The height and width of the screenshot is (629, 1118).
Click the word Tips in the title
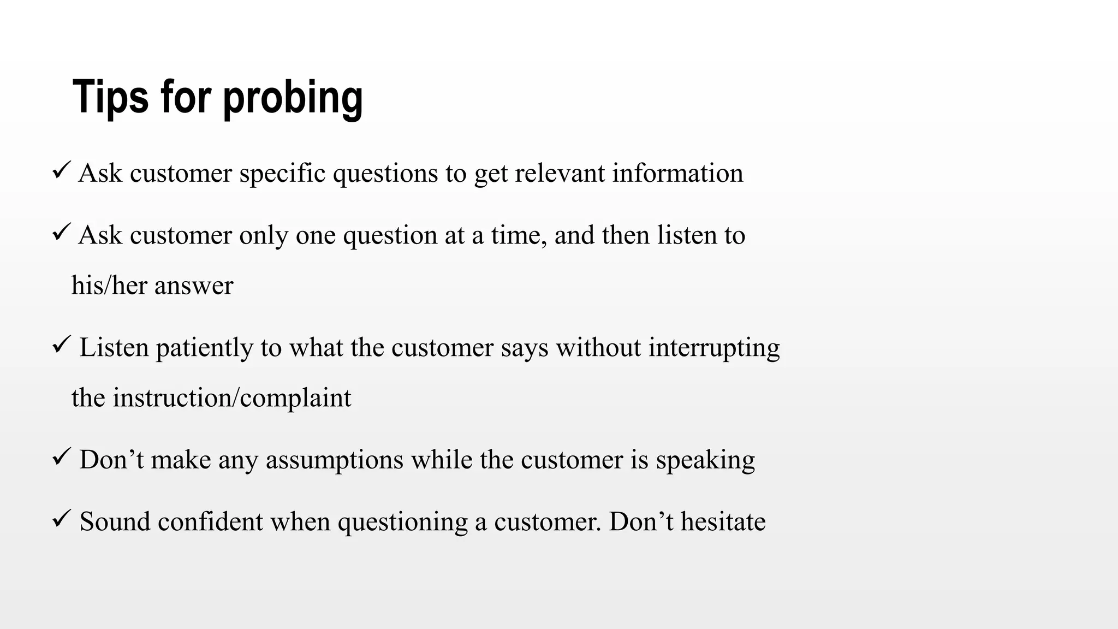pos(110,97)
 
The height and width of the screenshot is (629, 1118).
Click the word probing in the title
pos(293,98)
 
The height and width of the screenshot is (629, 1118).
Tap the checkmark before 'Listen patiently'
pos(60,345)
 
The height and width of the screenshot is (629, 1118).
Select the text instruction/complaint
pos(232,398)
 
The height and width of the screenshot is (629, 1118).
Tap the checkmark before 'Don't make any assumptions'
pos(60,456)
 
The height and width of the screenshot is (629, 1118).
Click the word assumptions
pos(335,460)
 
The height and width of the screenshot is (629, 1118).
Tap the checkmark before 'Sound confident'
pos(60,518)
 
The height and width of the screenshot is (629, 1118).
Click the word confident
pos(211,521)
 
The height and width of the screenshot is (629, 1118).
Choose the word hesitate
pos(723,521)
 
